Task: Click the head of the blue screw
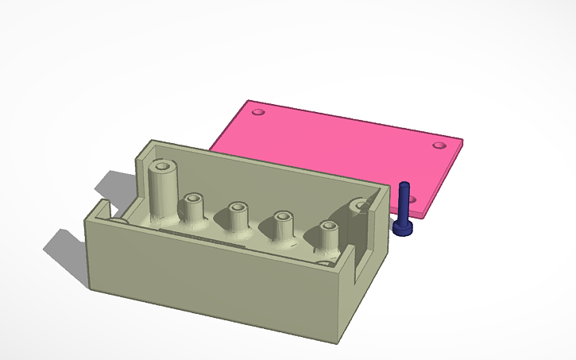pos(404,228)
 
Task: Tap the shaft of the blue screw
pos(405,202)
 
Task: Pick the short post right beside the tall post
pos(193,207)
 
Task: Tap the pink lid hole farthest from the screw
pos(257,113)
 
